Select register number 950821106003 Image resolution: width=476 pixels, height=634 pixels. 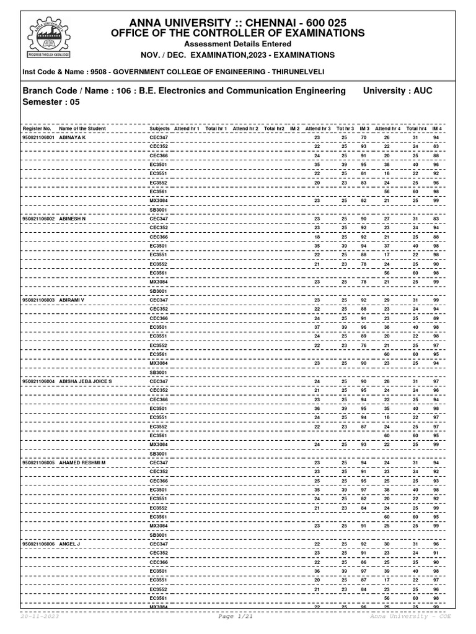click(x=38, y=300)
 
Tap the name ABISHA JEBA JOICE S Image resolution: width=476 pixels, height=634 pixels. click(x=86, y=381)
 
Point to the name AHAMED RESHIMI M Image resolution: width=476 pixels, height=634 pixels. click(x=82, y=462)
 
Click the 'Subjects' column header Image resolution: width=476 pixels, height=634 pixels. click(x=159, y=128)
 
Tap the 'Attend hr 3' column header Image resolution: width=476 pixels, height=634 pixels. click(x=318, y=128)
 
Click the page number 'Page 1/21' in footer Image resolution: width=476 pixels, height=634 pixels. click(x=236, y=617)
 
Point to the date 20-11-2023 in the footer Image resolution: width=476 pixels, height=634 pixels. click(x=40, y=617)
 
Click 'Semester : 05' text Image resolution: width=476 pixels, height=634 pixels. click(x=51, y=103)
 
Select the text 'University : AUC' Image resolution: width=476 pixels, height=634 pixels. click(x=397, y=91)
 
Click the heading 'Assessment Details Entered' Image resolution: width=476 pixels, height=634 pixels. click(x=237, y=45)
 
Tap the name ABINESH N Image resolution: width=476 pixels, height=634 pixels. click(x=73, y=219)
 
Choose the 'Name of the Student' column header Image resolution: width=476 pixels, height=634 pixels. click(x=82, y=128)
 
